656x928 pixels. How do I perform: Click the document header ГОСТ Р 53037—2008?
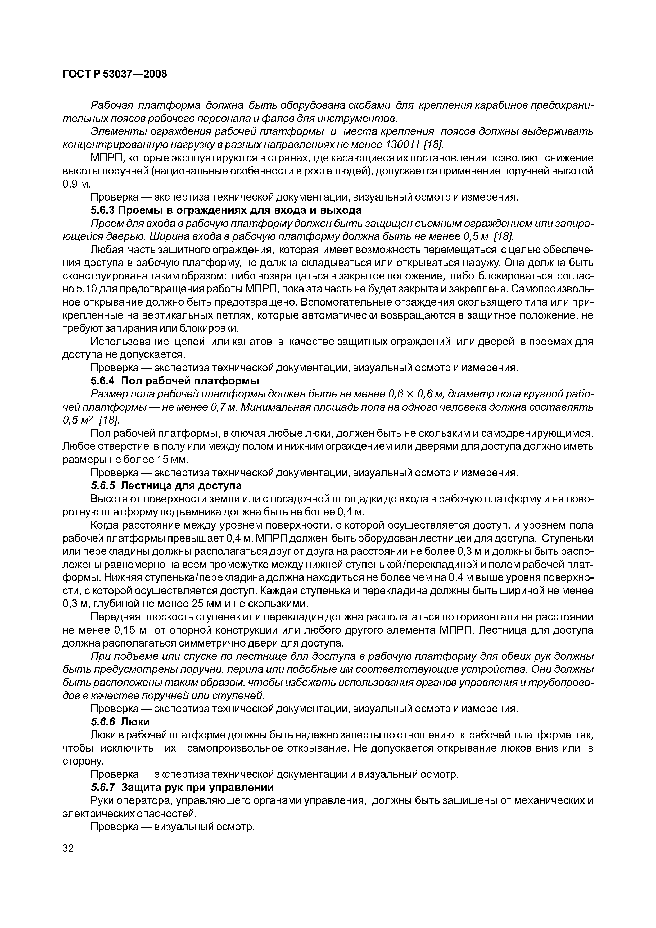(115, 74)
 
